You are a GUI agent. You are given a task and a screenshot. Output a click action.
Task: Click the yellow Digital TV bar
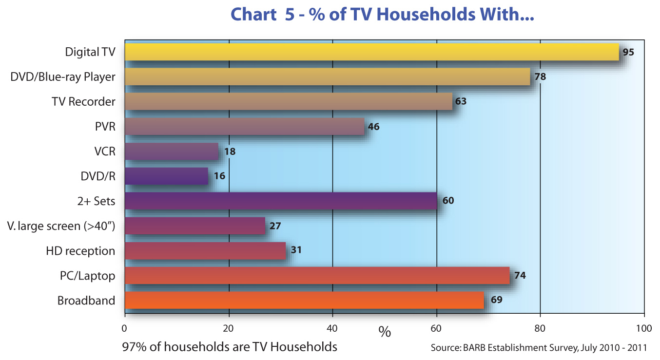click(x=371, y=52)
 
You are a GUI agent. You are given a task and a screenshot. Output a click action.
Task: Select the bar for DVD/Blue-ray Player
click(x=327, y=77)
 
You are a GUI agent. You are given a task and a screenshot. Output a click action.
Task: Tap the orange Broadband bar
click(x=304, y=300)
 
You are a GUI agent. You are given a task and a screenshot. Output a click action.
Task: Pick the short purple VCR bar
click(x=172, y=151)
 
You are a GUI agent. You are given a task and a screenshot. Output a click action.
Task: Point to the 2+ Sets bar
click(x=281, y=201)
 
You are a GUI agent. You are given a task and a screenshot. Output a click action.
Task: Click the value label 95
click(x=628, y=52)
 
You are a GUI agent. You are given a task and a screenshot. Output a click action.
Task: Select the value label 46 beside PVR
click(x=373, y=127)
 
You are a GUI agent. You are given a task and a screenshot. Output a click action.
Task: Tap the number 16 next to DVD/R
click(x=219, y=176)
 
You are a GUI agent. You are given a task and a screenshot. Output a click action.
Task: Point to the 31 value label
click(x=296, y=250)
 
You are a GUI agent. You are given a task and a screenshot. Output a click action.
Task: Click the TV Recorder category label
click(x=83, y=102)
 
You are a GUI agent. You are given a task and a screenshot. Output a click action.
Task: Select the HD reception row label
click(x=80, y=251)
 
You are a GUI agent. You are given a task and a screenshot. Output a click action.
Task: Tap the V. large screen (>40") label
click(x=61, y=226)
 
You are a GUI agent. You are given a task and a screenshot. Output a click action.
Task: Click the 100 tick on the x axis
click(x=644, y=328)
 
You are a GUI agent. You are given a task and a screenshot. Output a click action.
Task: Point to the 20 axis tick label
click(x=228, y=328)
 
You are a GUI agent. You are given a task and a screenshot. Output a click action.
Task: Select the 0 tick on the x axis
click(x=125, y=328)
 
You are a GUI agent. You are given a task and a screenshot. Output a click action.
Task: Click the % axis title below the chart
click(x=385, y=333)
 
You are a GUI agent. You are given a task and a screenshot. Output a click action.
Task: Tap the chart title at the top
click(x=383, y=15)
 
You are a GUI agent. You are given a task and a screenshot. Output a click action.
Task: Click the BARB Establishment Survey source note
click(x=539, y=348)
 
